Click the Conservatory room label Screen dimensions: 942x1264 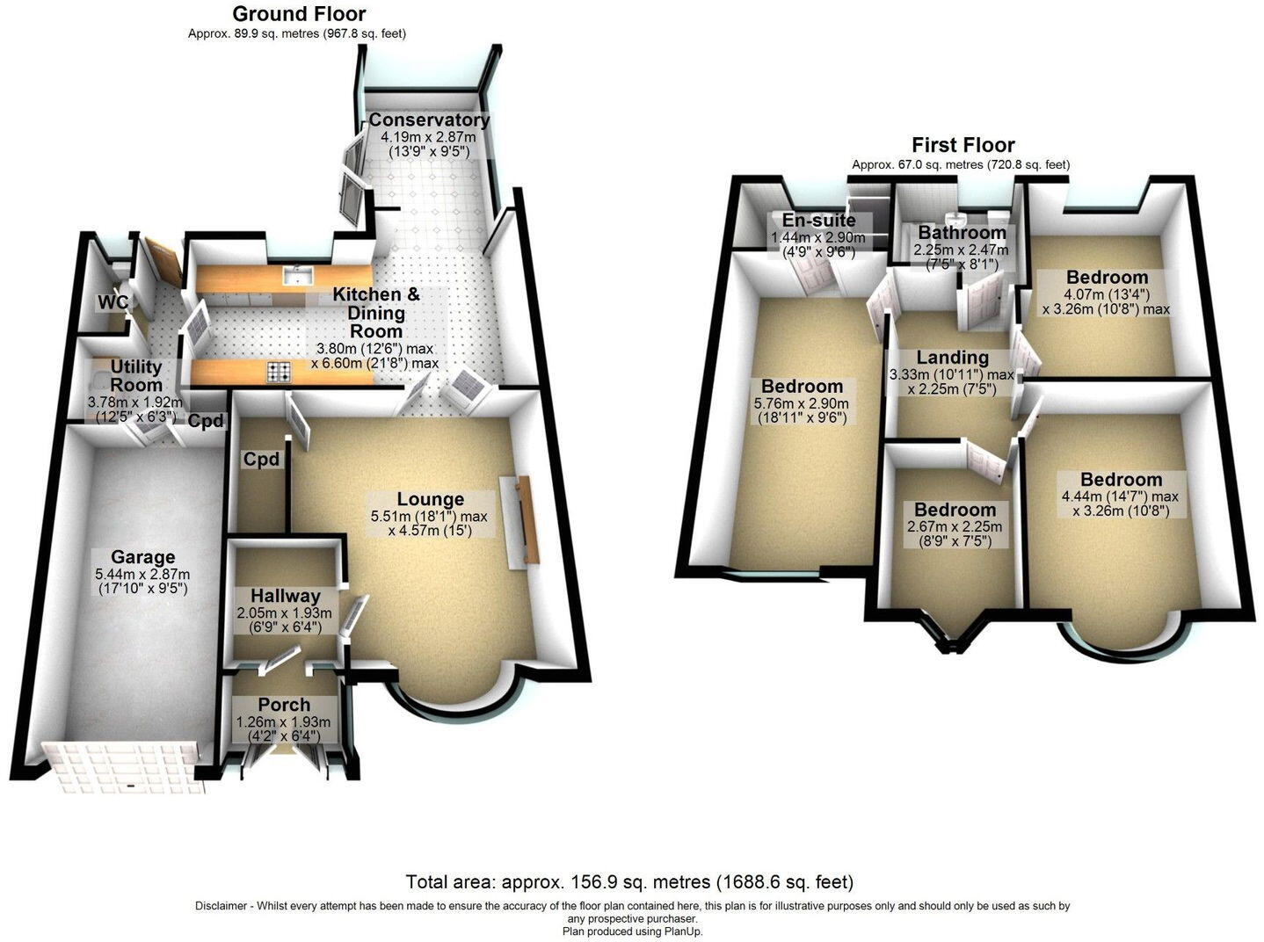429,120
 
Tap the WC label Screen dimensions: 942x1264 113,303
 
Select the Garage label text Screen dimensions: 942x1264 142,557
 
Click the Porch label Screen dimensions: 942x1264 284,705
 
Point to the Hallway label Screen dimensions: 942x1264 285,597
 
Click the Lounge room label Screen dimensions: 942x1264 430,499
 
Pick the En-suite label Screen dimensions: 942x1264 818,221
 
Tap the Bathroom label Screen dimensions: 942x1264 962,233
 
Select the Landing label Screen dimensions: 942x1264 952,358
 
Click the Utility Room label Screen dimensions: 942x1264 136,376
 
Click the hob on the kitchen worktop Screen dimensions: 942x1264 279,373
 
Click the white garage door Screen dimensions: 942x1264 123,766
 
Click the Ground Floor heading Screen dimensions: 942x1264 299,14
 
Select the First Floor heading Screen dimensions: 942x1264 963,145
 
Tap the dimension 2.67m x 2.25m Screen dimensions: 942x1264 955,526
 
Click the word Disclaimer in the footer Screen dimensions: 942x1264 220,906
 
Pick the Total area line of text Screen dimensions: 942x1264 629,881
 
